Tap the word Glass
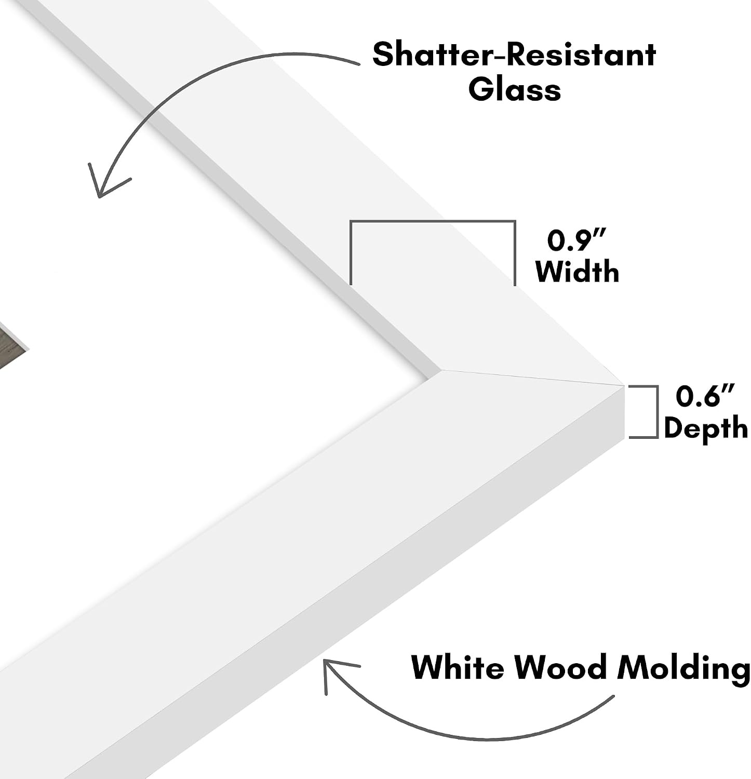tap(515, 89)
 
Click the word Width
tap(577, 271)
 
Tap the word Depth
tap(706, 429)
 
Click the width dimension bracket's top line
tap(433, 222)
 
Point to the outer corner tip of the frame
tap(624, 385)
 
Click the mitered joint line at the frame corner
tap(532, 378)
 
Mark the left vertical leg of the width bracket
tap(352, 253)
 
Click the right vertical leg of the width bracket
tap(514, 253)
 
